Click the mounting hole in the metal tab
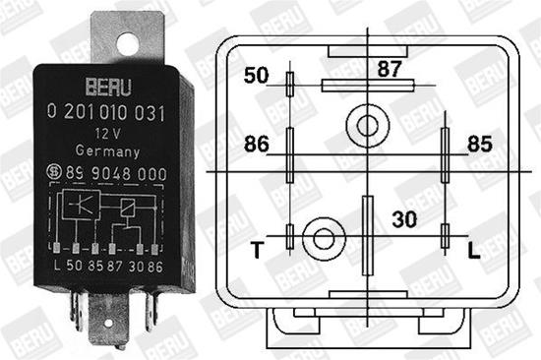point(127,41)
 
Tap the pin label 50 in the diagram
point(257,76)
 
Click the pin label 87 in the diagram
point(389,69)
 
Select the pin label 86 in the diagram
point(256,145)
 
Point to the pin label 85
point(479,145)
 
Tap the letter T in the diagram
point(258,250)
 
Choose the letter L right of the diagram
point(473,251)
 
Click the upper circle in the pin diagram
point(367,125)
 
